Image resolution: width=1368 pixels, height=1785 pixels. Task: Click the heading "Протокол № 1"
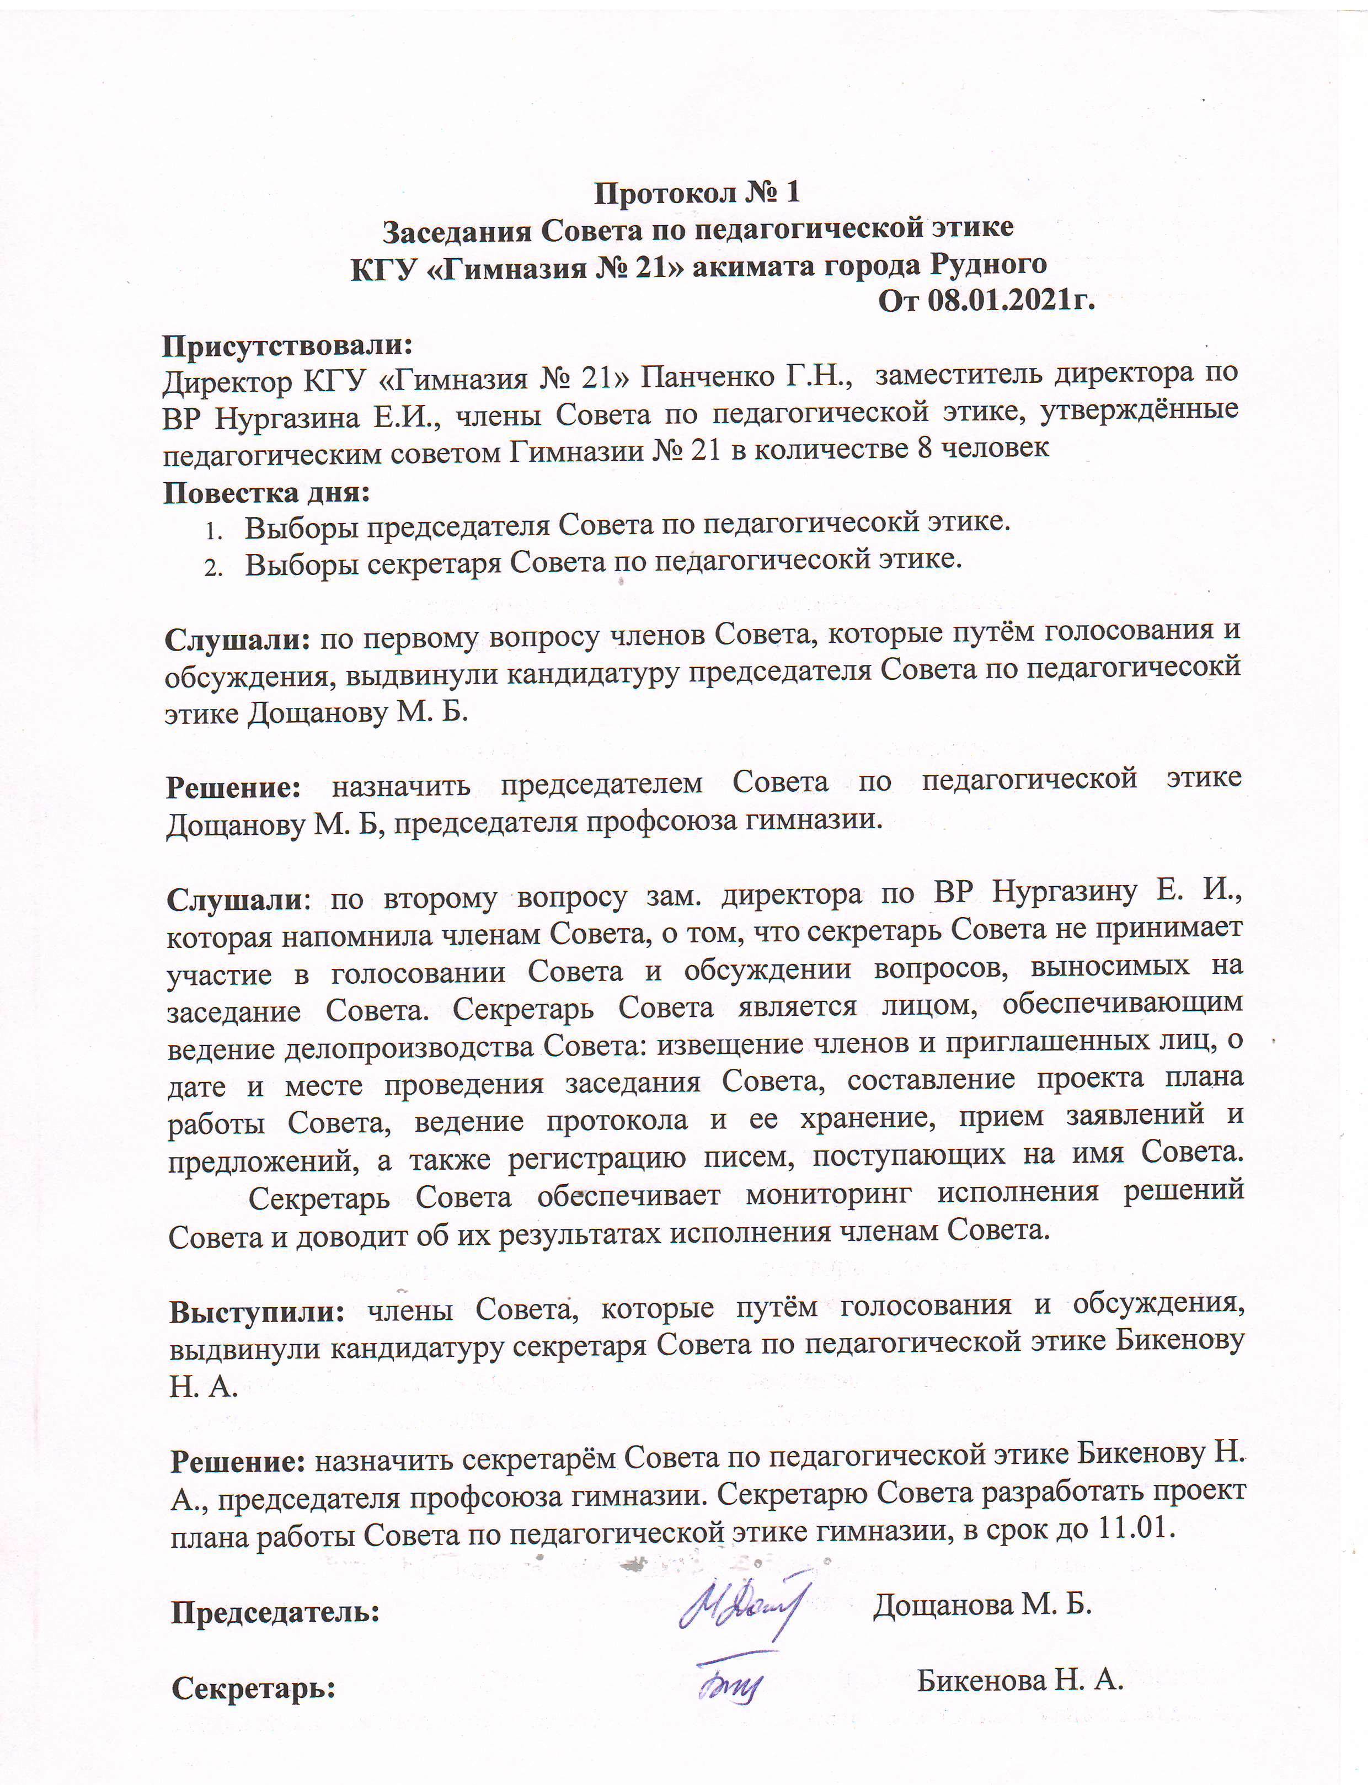click(x=697, y=193)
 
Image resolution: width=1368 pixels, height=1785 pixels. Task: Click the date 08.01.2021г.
click(x=1011, y=301)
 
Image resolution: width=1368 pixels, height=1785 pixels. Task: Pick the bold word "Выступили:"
click(x=257, y=1312)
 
